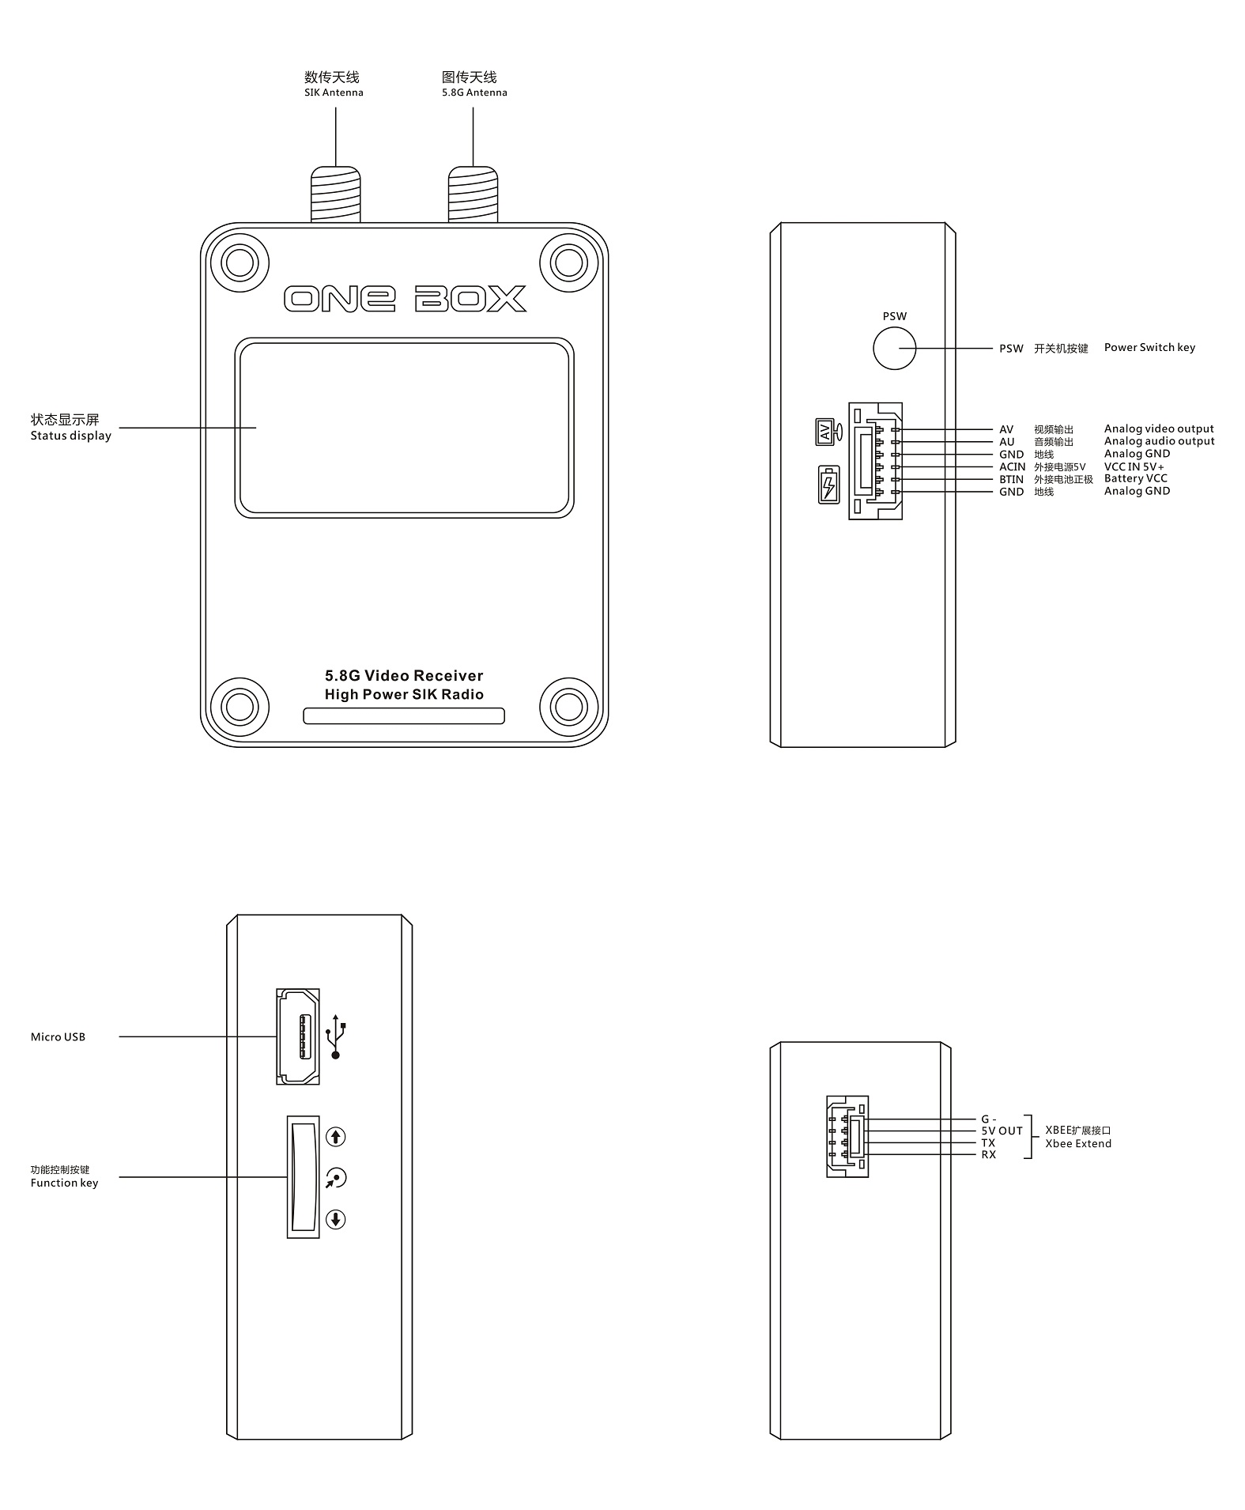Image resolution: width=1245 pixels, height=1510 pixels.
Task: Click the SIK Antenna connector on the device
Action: (x=335, y=194)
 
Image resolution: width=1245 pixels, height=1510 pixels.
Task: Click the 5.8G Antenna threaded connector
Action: (x=473, y=194)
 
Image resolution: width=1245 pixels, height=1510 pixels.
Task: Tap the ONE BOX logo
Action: (x=405, y=299)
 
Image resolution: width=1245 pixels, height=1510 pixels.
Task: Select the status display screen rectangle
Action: (x=404, y=428)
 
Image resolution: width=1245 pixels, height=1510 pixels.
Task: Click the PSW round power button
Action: (x=894, y=347)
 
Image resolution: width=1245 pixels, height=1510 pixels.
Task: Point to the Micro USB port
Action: (x=298, y=1036)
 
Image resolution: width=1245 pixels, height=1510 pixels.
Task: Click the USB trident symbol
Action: (x=336, y=1036)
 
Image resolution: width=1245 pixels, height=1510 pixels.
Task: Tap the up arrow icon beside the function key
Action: (x=336, y=1137)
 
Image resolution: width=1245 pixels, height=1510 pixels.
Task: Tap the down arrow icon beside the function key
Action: (x=336, y=1219)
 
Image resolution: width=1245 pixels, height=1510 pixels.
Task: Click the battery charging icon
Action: (x=828, y=484)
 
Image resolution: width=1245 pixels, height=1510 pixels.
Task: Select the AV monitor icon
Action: (x=828, y=432)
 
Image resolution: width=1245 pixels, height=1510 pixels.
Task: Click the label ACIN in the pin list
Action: (x=1012, y=466)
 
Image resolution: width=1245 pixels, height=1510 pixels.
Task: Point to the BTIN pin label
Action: (x=1011, y=479)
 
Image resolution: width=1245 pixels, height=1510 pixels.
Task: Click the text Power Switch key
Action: (x=1149, y=347)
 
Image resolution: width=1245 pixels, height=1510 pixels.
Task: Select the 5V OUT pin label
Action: (x=1002, y=1131)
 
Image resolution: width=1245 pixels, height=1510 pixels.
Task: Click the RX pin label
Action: (x=988, y=1154)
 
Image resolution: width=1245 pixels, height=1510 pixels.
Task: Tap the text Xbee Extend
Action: (x=1078, y=1143)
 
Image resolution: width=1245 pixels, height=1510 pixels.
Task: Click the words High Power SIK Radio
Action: (x=404, y=694)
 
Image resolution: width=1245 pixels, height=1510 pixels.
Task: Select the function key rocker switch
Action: (x=303, y=1176)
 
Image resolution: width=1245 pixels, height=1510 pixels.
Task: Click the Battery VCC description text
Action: (x=1135, y=478)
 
